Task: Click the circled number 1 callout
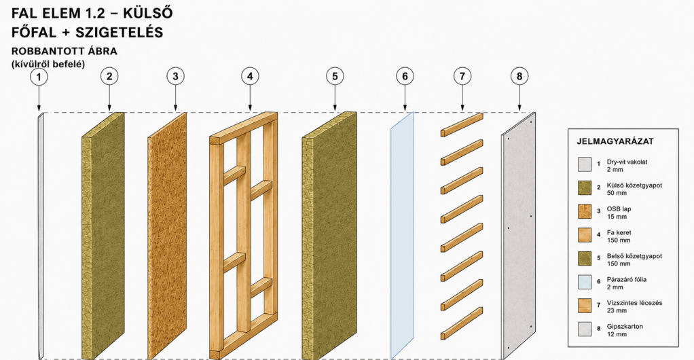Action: coord(39,77)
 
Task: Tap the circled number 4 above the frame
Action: coord(250,76)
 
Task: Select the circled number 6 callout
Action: coord(405,76)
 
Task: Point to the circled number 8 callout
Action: coord(519,76)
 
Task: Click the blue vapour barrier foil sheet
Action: coord(402,235)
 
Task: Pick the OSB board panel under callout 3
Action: coord(167,235)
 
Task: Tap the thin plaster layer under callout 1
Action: coord(40,235)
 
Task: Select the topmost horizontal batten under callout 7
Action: coord(462,124)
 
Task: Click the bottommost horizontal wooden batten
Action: coord(462,323)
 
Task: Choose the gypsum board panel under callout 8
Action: coord(518,235)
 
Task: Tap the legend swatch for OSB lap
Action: coord(585,211)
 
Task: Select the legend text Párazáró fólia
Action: coord(627,279)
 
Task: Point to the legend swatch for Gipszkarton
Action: coord(585,329)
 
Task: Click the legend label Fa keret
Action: coord(619,232)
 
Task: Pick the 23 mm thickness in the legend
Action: coord(617,310)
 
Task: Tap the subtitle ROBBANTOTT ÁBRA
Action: coord(65,51)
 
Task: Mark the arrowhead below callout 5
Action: coord(335,108)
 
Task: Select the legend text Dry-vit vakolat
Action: coord(627,162)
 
